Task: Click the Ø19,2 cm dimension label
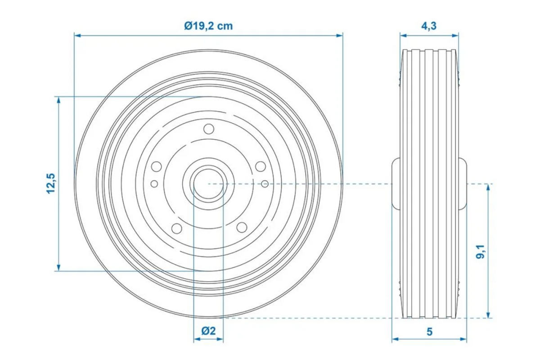[x=208, y=26]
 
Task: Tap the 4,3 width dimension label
[x=429, y=26]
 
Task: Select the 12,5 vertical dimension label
[x=51, y=184]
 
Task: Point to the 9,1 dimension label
[x=481, y=252]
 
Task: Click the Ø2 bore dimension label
[x=208, y=331]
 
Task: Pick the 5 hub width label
[x=430, y=332]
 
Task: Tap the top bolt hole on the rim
[x=209, y=129]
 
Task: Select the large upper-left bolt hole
[x=157, y=166]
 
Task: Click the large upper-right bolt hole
[x=261, y=166]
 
